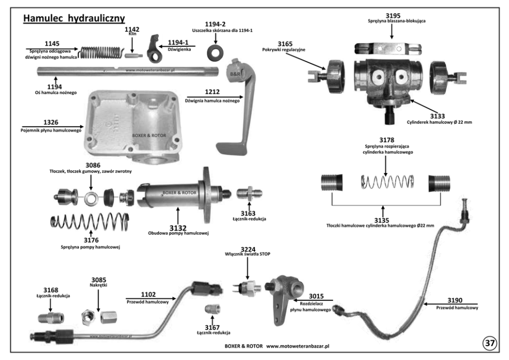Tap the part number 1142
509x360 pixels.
(132, 30)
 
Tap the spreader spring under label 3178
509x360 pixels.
(385, 182)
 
